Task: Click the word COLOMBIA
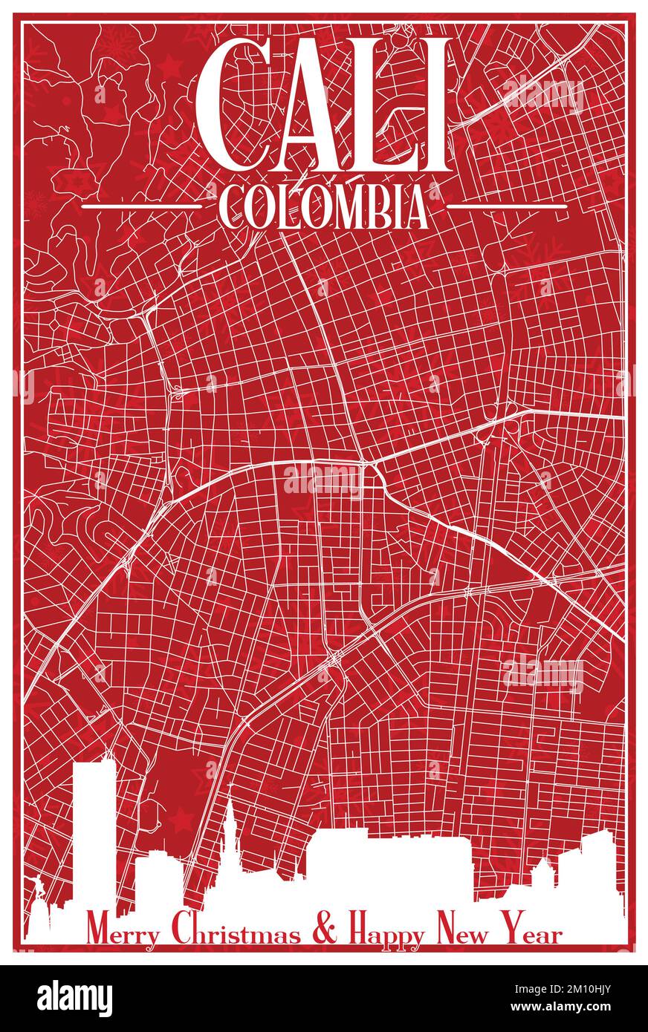click(324, 206)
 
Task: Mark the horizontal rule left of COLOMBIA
click(141, 206)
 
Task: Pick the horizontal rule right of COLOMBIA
click(505, 206)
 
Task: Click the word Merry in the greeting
click(123, 933)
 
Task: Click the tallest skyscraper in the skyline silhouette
click(94, 824)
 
